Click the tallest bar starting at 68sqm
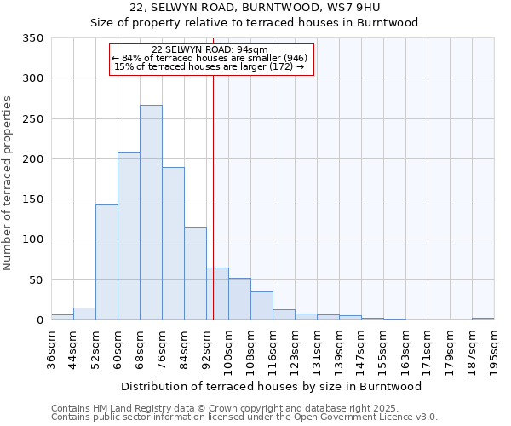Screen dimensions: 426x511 (x=151, y=213)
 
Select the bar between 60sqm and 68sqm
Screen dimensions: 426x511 (x=129, y=236)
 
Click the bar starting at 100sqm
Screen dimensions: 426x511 (x=239, y=299)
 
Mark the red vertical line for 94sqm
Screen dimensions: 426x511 (x=213, y=196)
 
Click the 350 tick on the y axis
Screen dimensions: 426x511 (x=33, y=38)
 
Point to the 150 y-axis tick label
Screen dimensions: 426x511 (x=33, y=199)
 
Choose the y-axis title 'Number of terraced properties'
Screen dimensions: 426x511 (x=8, y=183)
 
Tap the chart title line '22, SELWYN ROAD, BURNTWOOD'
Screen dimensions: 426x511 (x=255, y=8)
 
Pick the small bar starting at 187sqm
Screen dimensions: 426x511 (x=483, y=319)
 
